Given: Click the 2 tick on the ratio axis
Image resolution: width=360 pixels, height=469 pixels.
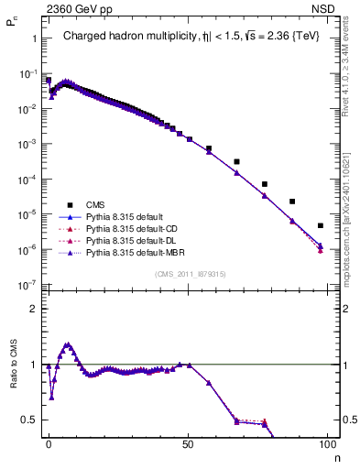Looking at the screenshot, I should pos(31,309).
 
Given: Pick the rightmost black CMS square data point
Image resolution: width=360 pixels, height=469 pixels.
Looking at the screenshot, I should pos(321,225).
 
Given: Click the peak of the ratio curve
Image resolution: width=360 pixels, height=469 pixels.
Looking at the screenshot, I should pos(66,344).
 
